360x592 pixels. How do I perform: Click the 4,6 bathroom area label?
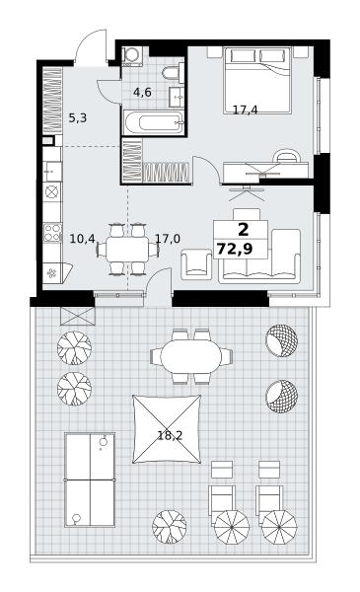tap(142, 93)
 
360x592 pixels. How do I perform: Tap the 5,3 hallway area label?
tap(78, 118)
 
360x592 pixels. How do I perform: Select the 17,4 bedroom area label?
tap(245, 110)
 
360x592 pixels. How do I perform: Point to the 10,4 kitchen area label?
tap(82, 238)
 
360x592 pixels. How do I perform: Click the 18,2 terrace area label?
tap(170, 436)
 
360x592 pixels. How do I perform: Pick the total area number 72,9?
tap(235, 249)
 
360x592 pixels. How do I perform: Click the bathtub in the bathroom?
tap(153, 122)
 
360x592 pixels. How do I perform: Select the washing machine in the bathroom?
tap(132, 55)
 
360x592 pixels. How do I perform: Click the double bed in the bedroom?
tap(257, 80)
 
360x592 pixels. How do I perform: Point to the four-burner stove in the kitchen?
tap(52, 232)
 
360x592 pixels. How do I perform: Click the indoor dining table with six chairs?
tap(127, 250)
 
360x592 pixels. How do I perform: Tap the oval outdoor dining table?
tap(191, 357)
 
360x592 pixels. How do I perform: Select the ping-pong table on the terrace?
tap(90, 480)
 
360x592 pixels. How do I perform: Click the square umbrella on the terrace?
tap(167, 429)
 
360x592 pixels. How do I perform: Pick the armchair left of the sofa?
tap(196, 263)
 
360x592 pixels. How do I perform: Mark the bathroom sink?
tap(177, 97)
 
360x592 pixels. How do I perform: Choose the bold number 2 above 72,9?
tap(244, 229)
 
